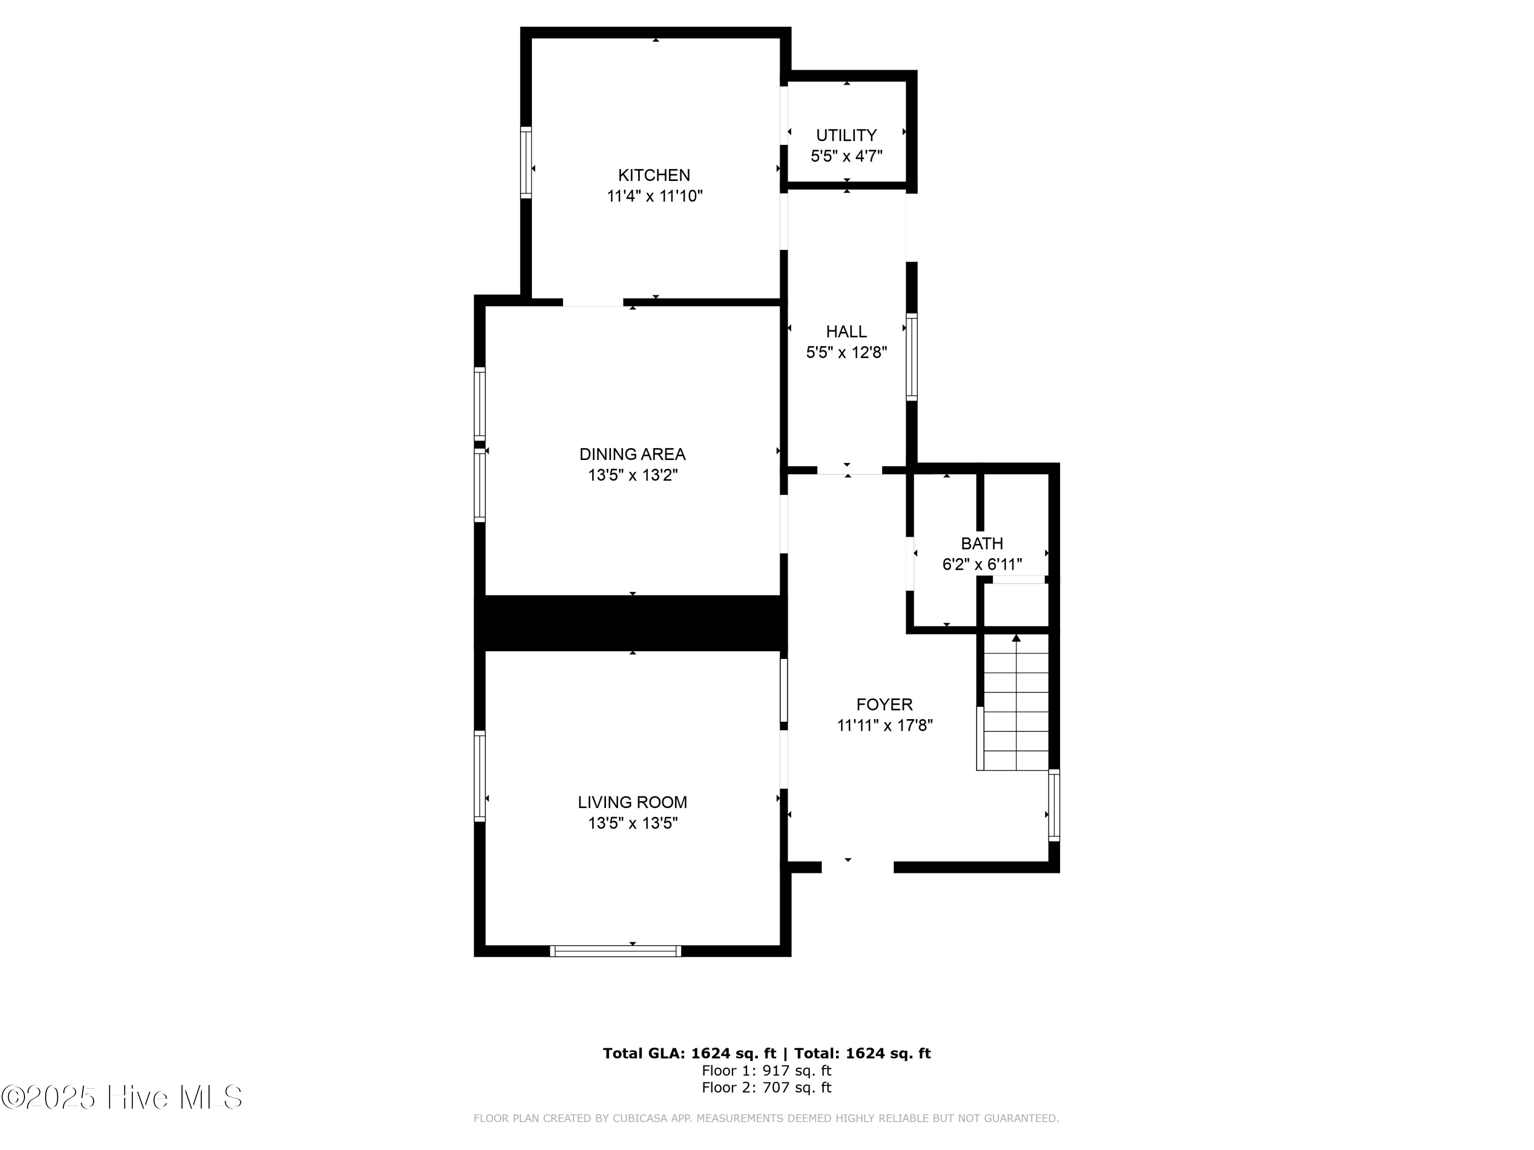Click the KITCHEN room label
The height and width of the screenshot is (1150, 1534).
[x=654, y=175]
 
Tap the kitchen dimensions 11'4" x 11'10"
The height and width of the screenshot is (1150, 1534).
[x=654, y=196]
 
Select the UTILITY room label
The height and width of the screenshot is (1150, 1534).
[x=846, y=135]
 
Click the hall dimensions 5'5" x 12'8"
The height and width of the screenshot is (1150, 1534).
[x=846, y=352]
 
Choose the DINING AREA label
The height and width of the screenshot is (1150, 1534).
[x=633, y=454]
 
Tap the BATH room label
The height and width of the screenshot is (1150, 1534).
[x=981, y=543]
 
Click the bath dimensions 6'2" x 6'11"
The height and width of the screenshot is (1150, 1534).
[x=981, y=564]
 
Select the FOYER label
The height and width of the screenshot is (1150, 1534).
[x=884, y=704]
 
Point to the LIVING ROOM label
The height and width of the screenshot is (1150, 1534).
[x=633, y=802]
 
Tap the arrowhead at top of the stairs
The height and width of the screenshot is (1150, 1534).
[x=1016, y=638]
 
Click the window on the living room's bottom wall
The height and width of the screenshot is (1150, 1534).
[x=615, y=951]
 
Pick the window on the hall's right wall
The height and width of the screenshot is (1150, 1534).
[x=911, y=357]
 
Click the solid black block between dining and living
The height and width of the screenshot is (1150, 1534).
[x=631, y=623]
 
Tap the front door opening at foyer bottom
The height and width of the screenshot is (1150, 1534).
[x=857, y=866]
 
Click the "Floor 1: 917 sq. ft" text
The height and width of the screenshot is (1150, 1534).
[x=766, y=1070]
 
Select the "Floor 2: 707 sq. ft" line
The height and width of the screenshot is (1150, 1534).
[x=766, y=1087]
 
